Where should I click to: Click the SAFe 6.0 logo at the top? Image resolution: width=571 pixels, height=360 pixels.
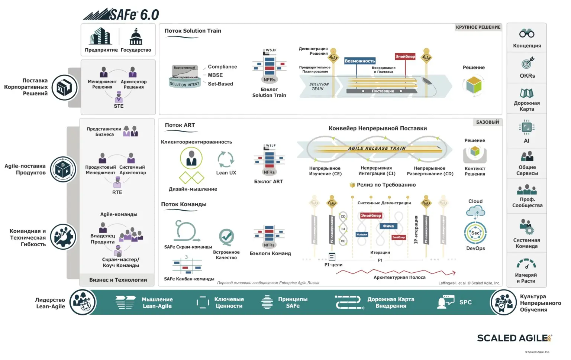(121, 14)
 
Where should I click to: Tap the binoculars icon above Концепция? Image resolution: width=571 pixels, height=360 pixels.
(527, 33)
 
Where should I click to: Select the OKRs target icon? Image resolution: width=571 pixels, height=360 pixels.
(527, 63)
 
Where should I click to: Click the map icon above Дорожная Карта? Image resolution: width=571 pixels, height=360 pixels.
(527, 93)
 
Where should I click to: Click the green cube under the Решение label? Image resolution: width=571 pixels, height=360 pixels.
(474, 85)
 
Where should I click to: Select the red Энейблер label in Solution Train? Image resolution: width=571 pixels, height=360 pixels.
(405, 56)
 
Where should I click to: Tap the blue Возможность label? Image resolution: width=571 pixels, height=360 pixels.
(360, 61)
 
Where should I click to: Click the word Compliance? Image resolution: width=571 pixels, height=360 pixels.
(222, 67)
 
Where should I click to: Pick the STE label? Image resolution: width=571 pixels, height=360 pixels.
(119, 106)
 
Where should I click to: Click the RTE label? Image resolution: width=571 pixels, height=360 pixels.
(117, 192)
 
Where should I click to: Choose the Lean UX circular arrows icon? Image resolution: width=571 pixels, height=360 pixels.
(226, 159)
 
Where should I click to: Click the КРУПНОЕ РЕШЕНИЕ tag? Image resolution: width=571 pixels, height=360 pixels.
(478, 27)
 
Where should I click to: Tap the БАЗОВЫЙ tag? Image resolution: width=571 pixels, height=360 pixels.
(488, 122)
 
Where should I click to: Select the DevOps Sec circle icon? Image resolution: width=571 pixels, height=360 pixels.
(475, 233)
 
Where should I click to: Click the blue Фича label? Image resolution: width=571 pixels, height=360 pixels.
(388, 226)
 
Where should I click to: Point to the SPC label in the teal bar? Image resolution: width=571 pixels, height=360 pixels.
(465, 302)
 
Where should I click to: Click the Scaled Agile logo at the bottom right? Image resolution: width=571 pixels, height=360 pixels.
(514, 338)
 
